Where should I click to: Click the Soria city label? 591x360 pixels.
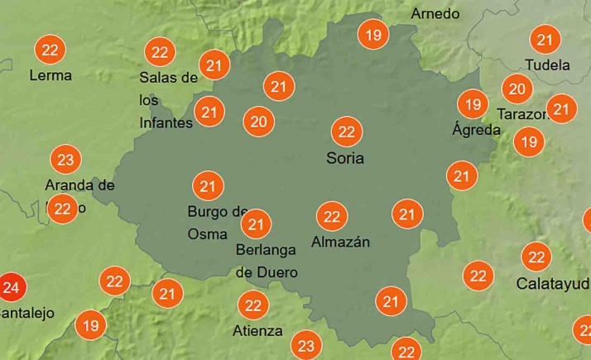(345, 157)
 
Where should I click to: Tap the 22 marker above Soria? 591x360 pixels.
(346, 132)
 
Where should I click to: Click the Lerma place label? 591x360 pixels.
(50, 75)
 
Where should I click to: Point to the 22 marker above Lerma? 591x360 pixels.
(50, 50)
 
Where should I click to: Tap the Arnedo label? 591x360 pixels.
(435, 14)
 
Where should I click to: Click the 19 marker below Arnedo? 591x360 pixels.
(373, 35)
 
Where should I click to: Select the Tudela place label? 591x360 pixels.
(547, 65)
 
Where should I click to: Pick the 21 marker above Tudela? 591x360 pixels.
(545, 40)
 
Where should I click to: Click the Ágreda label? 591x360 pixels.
(476, 130)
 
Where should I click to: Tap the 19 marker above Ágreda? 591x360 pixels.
(473, 104)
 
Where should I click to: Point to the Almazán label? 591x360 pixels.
(340, 242)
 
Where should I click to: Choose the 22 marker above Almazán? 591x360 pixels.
(332, 217)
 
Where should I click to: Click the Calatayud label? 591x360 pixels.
(553, 283)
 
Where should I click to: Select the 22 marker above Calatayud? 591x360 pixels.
(536, 257)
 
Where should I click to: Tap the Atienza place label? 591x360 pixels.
(258, 331)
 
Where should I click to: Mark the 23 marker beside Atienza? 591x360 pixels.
(306, 346)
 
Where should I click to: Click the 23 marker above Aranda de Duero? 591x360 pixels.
(65, 159)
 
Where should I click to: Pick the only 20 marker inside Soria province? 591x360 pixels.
(259, 122)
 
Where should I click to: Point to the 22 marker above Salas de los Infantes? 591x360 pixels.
(160, 52)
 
